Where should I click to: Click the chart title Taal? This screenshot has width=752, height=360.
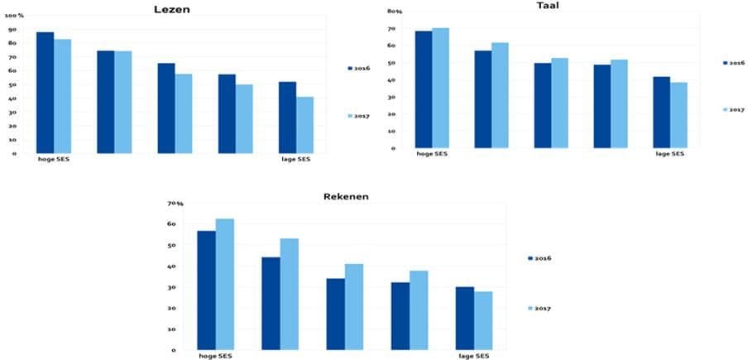point(548,5)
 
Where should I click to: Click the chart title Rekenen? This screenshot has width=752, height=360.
point(346,196)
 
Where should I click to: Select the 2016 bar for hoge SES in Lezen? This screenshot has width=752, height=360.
point(45,93)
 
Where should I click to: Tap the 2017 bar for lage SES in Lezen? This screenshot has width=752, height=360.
point(305,125)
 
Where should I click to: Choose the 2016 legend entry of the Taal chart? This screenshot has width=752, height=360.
point(734,62)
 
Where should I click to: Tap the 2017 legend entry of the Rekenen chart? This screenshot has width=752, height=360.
point(540,308)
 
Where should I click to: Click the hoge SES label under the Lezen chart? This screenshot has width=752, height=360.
point(54,159)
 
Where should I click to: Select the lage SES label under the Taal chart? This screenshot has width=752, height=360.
point(669,154)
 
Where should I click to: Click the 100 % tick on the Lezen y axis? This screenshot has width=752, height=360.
point(16,16)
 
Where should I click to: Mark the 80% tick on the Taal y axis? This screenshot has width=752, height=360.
point(395,12)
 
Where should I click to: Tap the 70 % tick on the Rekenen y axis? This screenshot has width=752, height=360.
point(175,204)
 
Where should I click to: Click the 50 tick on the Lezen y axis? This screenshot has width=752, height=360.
point(12,85)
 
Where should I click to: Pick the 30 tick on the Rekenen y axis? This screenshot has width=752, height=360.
point(172,287)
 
